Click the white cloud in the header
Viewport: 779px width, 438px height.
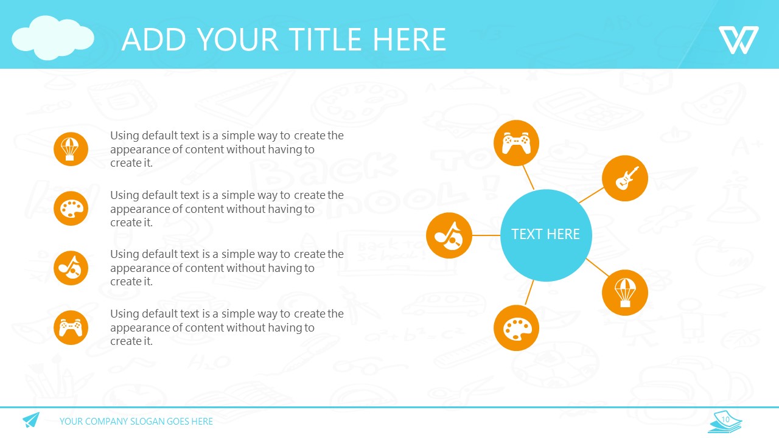[x=53, y=38]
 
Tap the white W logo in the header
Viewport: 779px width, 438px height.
[x=739, y=40]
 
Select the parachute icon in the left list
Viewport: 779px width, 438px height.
[x=71, y=149]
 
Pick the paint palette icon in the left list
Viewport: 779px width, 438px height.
[x=71, y=209]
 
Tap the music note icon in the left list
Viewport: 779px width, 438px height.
[x=71, y=268]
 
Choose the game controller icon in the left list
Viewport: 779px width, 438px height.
[x=71, y=327]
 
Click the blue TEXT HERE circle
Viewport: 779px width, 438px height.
[x=546, y=235]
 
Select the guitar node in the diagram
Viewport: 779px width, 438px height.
[x=625, y=178]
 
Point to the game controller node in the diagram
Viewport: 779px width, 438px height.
[x=517, y=143]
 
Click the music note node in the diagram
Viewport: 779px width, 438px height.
[x=449, y=235]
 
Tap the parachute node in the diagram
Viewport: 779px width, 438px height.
[x=625, y=293]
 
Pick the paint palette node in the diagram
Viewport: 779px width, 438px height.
[x=517, y=328]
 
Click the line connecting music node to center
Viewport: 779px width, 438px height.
[x=486, y=235]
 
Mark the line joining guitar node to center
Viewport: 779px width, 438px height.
[x=592, y=195]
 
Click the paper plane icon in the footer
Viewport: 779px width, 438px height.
[x=31, y=420]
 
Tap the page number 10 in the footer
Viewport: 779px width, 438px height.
[x=725, y=419]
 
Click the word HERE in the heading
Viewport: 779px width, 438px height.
[x=410, y=40]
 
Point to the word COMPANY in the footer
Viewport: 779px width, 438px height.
[x=106, y=422]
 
